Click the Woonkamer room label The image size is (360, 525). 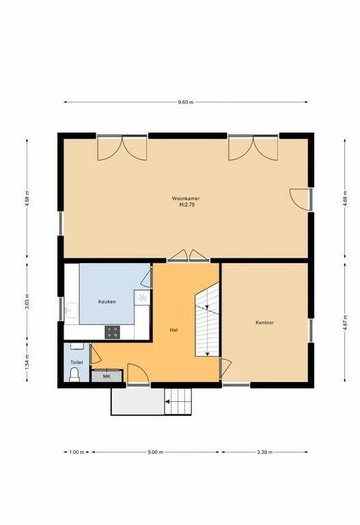click(x=186, y=198)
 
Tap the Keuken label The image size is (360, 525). click(x=107, y=301)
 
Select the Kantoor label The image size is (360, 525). click(x=264, y=323)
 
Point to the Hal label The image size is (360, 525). click(x=174, y=329)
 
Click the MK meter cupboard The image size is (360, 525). click(x=107, y=377)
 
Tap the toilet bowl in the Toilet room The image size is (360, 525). click(x=74, y=375)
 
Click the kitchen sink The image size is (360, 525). click(x=72, y=310)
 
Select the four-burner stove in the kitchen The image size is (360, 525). click(x=112, y=332)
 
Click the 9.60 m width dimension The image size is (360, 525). click(x=186, y=102)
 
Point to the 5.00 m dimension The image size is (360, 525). click(x=156, y=452)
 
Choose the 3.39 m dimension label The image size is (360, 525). click(x=265, y=452)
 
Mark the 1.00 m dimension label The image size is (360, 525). click(x=77, y=452)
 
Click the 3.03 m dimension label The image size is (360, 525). click(x=27, y=301)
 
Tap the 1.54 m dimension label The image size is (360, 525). click(x=27, y=361)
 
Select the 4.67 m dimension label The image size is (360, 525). click(x=345, y=323)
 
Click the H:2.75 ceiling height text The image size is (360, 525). click(x=187, y=204)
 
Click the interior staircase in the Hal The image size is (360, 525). click(x=207, y=319)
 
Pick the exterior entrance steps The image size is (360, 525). click(x=178, y=401)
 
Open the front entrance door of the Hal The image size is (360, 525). click(x=138, y=373)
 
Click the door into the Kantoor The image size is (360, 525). click(x=225, y=368)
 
